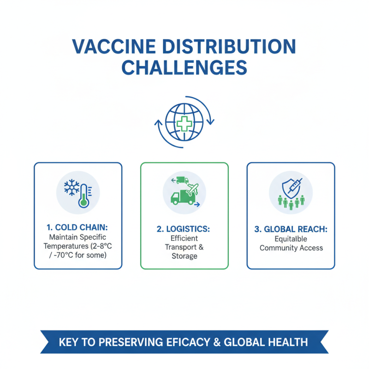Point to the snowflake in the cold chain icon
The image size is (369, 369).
coord(72,188)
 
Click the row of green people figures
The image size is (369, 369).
coord(291,202)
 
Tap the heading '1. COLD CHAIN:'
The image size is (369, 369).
coord(77,227)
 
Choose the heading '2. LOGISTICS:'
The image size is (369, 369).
coord(184,229)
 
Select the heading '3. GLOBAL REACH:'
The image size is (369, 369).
coord(291,229)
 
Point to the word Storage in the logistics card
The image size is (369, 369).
coord(184,256)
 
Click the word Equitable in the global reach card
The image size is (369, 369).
coord(291,239)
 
